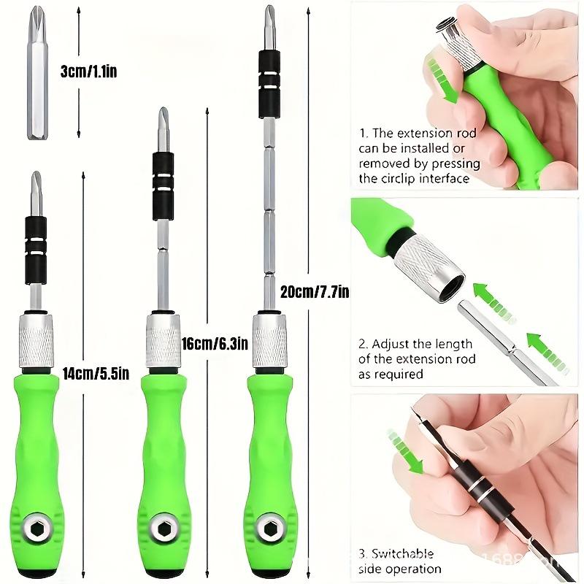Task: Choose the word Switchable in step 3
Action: (x=401, y=554)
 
